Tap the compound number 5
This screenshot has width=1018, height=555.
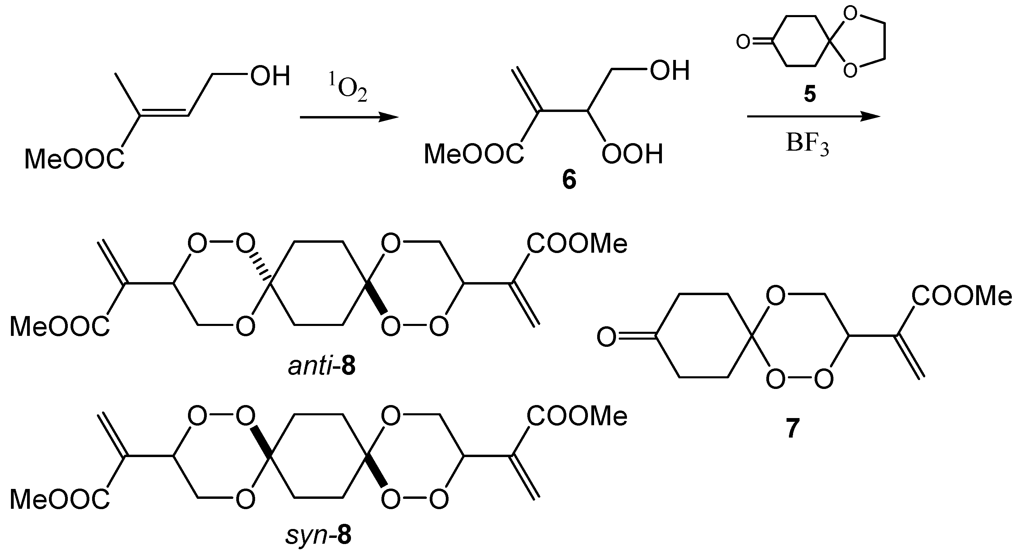point(810,95)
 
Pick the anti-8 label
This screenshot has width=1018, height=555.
point(321,367)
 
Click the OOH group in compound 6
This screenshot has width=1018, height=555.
point(632,154)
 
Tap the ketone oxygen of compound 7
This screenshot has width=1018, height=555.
point(606,337)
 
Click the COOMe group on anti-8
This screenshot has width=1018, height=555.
point(577,243)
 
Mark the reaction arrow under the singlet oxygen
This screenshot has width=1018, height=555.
point(349,117)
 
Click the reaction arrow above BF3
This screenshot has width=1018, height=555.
point(813,117)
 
